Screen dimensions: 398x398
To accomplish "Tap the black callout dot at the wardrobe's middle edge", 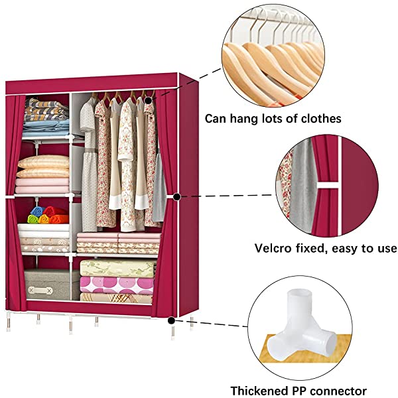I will (x=177, y=196).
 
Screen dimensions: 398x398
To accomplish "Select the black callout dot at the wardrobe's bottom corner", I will (x=172, y=320).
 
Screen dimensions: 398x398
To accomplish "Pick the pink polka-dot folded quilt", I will (x=116, y=285).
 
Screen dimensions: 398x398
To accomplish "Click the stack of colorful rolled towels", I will (x=47, y=215).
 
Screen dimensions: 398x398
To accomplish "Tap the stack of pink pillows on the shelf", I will (x=44, y=174).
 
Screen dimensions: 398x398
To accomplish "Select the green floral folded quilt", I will (x=116, y=268).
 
